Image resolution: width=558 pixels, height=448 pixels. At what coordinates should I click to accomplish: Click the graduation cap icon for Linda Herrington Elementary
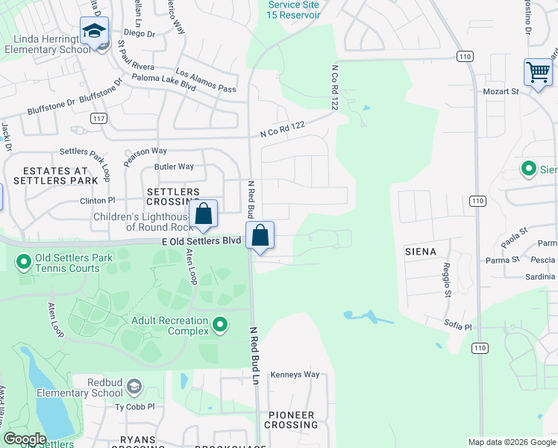pyautogui.click(x=94, y=31)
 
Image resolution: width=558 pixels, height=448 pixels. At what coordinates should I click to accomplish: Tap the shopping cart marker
pyautogui.click(x=537, y=72)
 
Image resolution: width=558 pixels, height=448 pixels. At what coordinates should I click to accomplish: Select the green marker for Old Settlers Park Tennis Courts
pyautogui.click(x=23, y=263)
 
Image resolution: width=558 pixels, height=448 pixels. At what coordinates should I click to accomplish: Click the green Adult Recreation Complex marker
pyautogui.click(x=220, y=324)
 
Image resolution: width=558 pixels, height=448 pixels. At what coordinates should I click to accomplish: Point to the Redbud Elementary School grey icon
pyautogui.click(x=134, y=386)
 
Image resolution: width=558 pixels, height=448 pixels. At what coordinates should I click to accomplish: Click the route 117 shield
pyautogui.click(x=98, y=119)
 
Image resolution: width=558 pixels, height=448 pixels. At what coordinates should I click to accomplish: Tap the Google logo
pyautogui.click(x=25, y=439)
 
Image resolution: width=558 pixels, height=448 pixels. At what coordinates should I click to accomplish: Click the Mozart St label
pyautogui.click(x=504, y=91)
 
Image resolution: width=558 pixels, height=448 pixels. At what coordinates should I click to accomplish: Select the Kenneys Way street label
pyautogui.click(x=295, y=374)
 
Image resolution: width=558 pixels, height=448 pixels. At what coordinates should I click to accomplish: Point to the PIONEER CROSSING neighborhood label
pyautogui.click(x=292, y=420)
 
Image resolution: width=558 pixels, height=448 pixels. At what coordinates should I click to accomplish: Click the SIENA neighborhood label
pyautogui.click(x=420, y=252)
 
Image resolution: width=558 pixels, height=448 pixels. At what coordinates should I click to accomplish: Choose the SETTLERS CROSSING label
pyautogui.click(x=173, y=196)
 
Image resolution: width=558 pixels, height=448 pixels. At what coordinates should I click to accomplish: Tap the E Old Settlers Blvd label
pyautogui.click(x=201, y=241)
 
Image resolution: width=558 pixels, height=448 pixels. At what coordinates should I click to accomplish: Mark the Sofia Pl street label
pyautogui.click(x=457, y=327)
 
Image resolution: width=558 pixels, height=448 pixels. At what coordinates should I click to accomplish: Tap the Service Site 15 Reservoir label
pyautogui.click(x=294, y=10)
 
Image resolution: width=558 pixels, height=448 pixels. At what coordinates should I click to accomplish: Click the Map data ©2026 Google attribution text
pyautogui.click(x=511, y=442)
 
